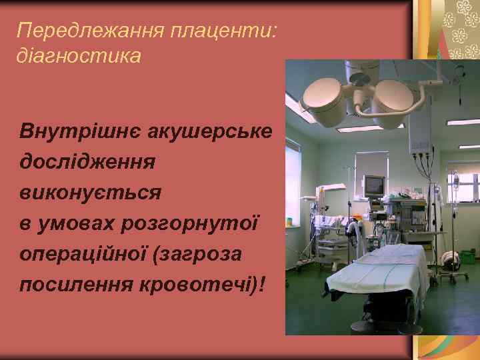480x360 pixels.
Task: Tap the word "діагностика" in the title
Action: [x=79, y=56]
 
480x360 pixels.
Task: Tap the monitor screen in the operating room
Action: [x=374, y=183]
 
